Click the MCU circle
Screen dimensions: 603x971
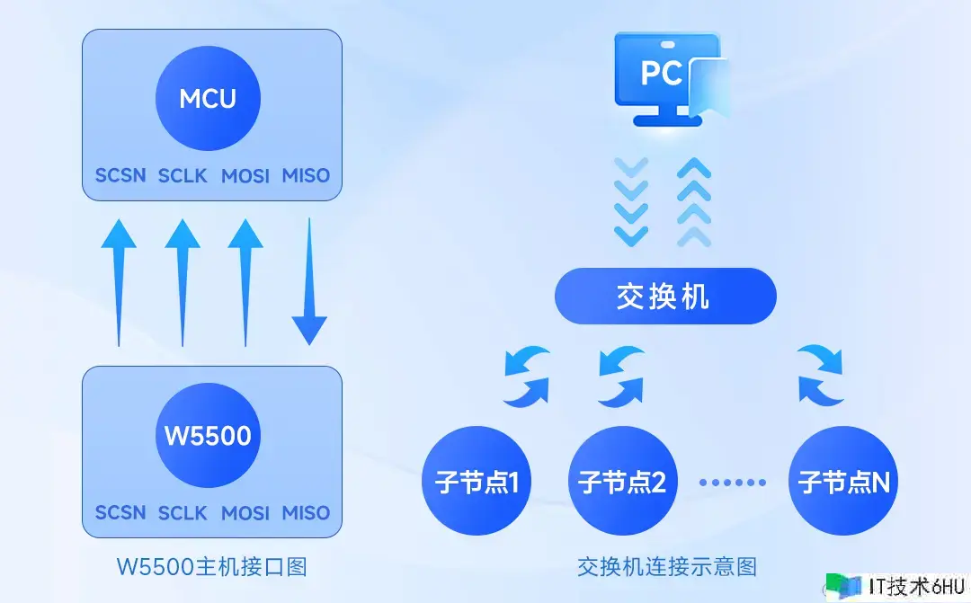pyautogui.click(x=208, y=98)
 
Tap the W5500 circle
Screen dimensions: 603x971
pyautogui.click(x=208, y=437)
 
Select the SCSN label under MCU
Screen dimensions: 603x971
pyautogui.click(x=120, y=175)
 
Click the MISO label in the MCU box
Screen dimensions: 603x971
pyautogui.click(x=306, y=175)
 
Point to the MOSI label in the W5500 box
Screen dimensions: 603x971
pyautogui.click(x=245, y=513)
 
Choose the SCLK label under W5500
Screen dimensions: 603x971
pyautogui.click(x=183, y=513)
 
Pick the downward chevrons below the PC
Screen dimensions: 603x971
pyautogui.click(x=630, y=201)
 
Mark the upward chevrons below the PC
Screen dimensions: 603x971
pyautogui.click(x=692, y=201)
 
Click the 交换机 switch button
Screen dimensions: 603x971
pyautogui.click(x=664, y=296)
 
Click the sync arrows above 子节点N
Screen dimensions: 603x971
pyautogui.click(x=821, y=374)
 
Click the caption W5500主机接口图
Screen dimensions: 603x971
pyautogui.click(x=212, y=567)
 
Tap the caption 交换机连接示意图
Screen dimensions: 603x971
pyautogui.click(x=666, y=567)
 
